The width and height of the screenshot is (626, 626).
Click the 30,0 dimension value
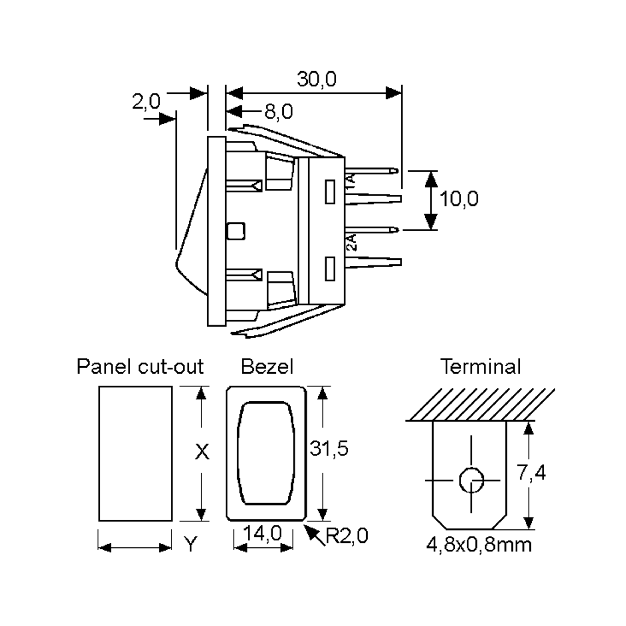point(317,79)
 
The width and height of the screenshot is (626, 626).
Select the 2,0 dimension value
point(146,101)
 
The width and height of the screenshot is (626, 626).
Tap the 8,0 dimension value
point(278,111)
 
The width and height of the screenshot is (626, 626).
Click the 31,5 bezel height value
point(329,448)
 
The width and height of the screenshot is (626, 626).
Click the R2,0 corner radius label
point(346,535)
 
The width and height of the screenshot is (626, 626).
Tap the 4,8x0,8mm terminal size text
point(479,545)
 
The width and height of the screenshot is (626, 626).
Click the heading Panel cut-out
point(140,367)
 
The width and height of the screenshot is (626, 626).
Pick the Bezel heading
point(267,367)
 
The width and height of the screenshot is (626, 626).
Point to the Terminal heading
point(480,367)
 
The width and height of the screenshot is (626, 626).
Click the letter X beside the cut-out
point(202,452)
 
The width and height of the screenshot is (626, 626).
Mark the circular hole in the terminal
point(471,480)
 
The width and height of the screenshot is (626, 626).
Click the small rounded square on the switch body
point(236,231)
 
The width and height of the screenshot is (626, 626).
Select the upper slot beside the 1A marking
point(330,192)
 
